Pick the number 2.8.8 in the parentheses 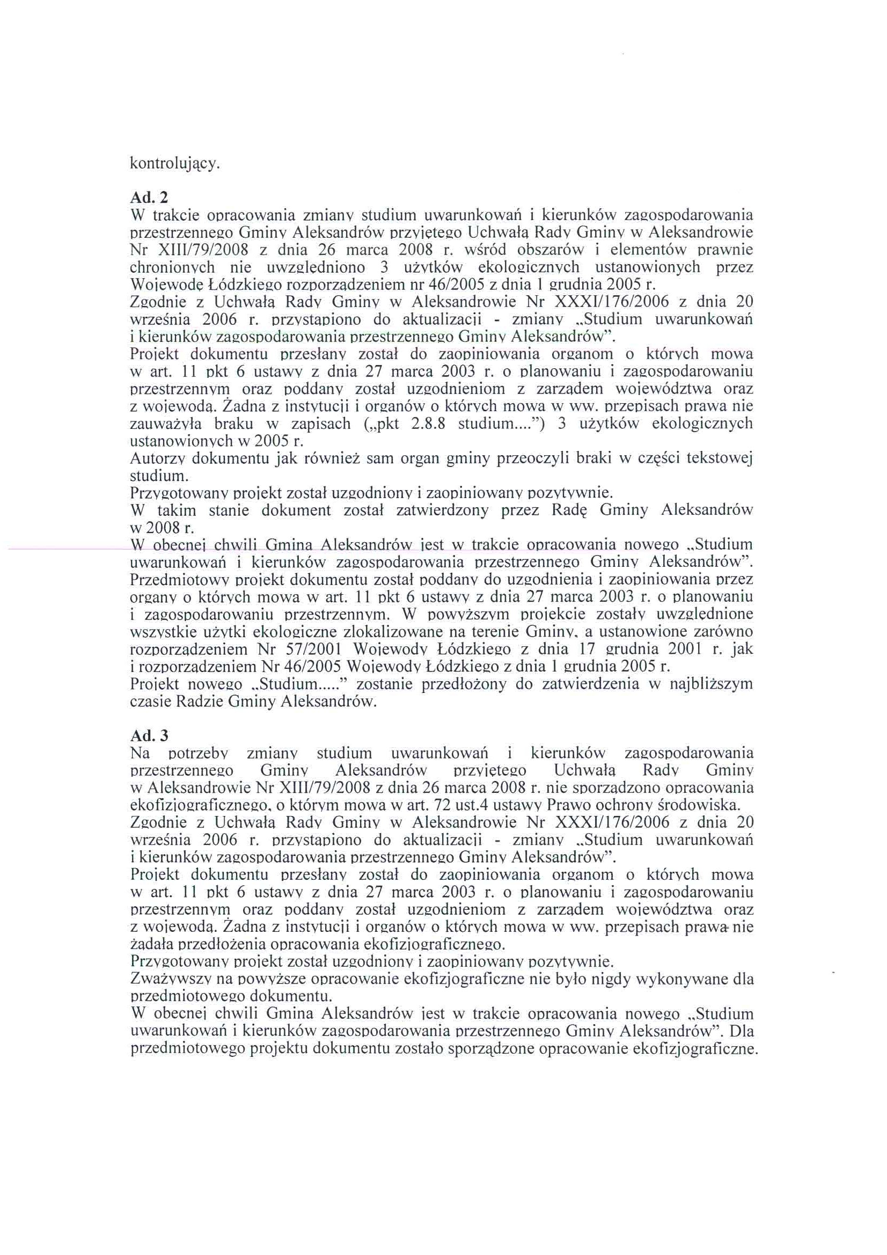429,424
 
